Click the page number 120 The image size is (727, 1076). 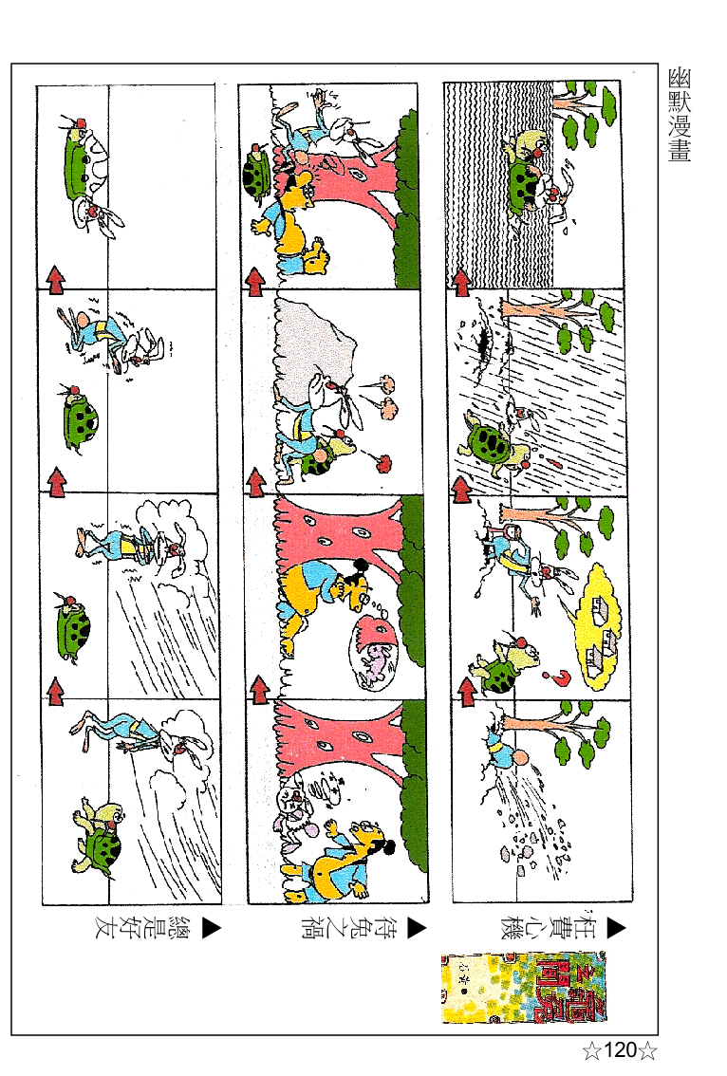(620, 1050)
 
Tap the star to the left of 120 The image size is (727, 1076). (591, 1050)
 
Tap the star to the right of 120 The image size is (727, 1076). (648, 1050)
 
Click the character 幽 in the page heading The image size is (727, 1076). (679, 78)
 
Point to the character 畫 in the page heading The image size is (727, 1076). (679, 150)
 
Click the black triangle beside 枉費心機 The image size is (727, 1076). (616, 928)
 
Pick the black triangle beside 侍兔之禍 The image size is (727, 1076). (416, 928)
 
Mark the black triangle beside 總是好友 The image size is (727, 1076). (211, 928)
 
